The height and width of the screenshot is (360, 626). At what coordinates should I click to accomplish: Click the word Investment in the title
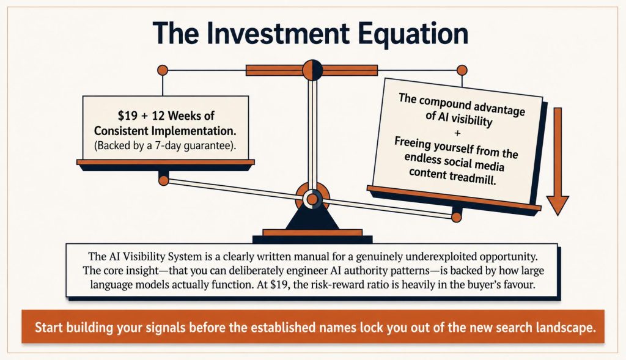(x=278, y=34)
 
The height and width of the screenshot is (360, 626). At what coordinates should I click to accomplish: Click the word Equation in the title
(x=413, y=35)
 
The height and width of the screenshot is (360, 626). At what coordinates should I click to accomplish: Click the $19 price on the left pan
(x=127, y=116)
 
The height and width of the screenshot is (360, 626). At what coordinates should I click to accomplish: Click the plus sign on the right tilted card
(x=457, y=133)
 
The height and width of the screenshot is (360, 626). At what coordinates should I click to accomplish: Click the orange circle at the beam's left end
(x=163, y=70)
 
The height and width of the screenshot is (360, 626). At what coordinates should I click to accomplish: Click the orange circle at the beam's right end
(x=462, y=70)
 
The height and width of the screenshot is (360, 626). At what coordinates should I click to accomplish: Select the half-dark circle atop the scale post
(x=312, y=70)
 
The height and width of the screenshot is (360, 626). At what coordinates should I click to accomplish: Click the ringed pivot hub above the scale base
(x=312, y=199)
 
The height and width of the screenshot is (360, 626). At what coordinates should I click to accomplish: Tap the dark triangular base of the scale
(x=312, y=219)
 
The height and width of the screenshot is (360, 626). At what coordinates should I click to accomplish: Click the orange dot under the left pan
(x=164, y=180)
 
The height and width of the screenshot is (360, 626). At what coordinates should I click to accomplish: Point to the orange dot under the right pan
(x=456, y=218)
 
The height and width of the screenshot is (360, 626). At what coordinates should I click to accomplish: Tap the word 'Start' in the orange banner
(x=49, y=327)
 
